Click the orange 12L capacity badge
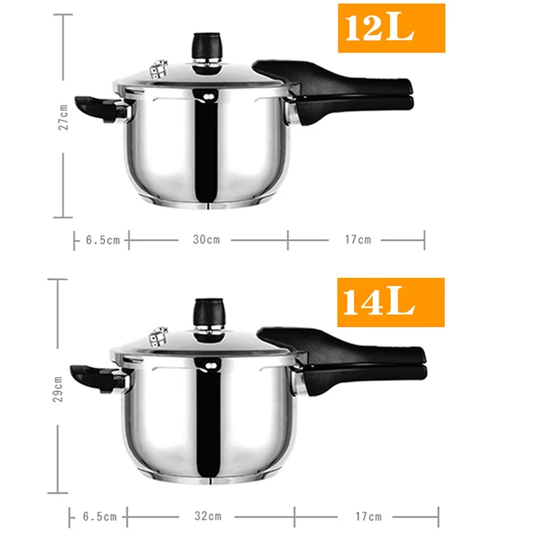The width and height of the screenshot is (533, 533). point(392,28)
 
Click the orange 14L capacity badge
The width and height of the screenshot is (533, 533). point(391,302)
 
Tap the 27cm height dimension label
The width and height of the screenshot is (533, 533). point(63,117)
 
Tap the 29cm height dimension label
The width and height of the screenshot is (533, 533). point(58,389)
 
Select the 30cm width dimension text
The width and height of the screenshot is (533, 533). point(206,239)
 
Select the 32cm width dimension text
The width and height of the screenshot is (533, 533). point(208,516)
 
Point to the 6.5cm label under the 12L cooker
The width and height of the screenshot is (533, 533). point(102,240)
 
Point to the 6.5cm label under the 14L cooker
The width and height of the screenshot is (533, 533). point(99,517)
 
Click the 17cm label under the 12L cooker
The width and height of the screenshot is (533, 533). point(358,239)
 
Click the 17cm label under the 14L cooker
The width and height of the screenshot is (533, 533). point(368,517)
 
